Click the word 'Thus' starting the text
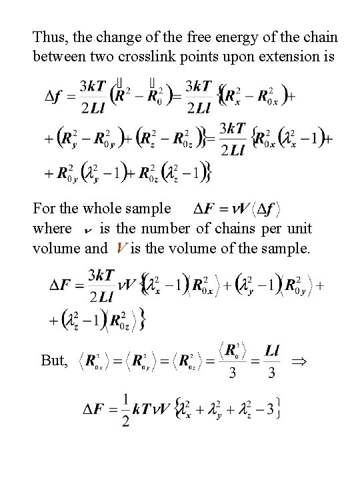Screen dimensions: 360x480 pos(48,36)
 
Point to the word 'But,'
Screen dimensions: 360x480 pos(54,361)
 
